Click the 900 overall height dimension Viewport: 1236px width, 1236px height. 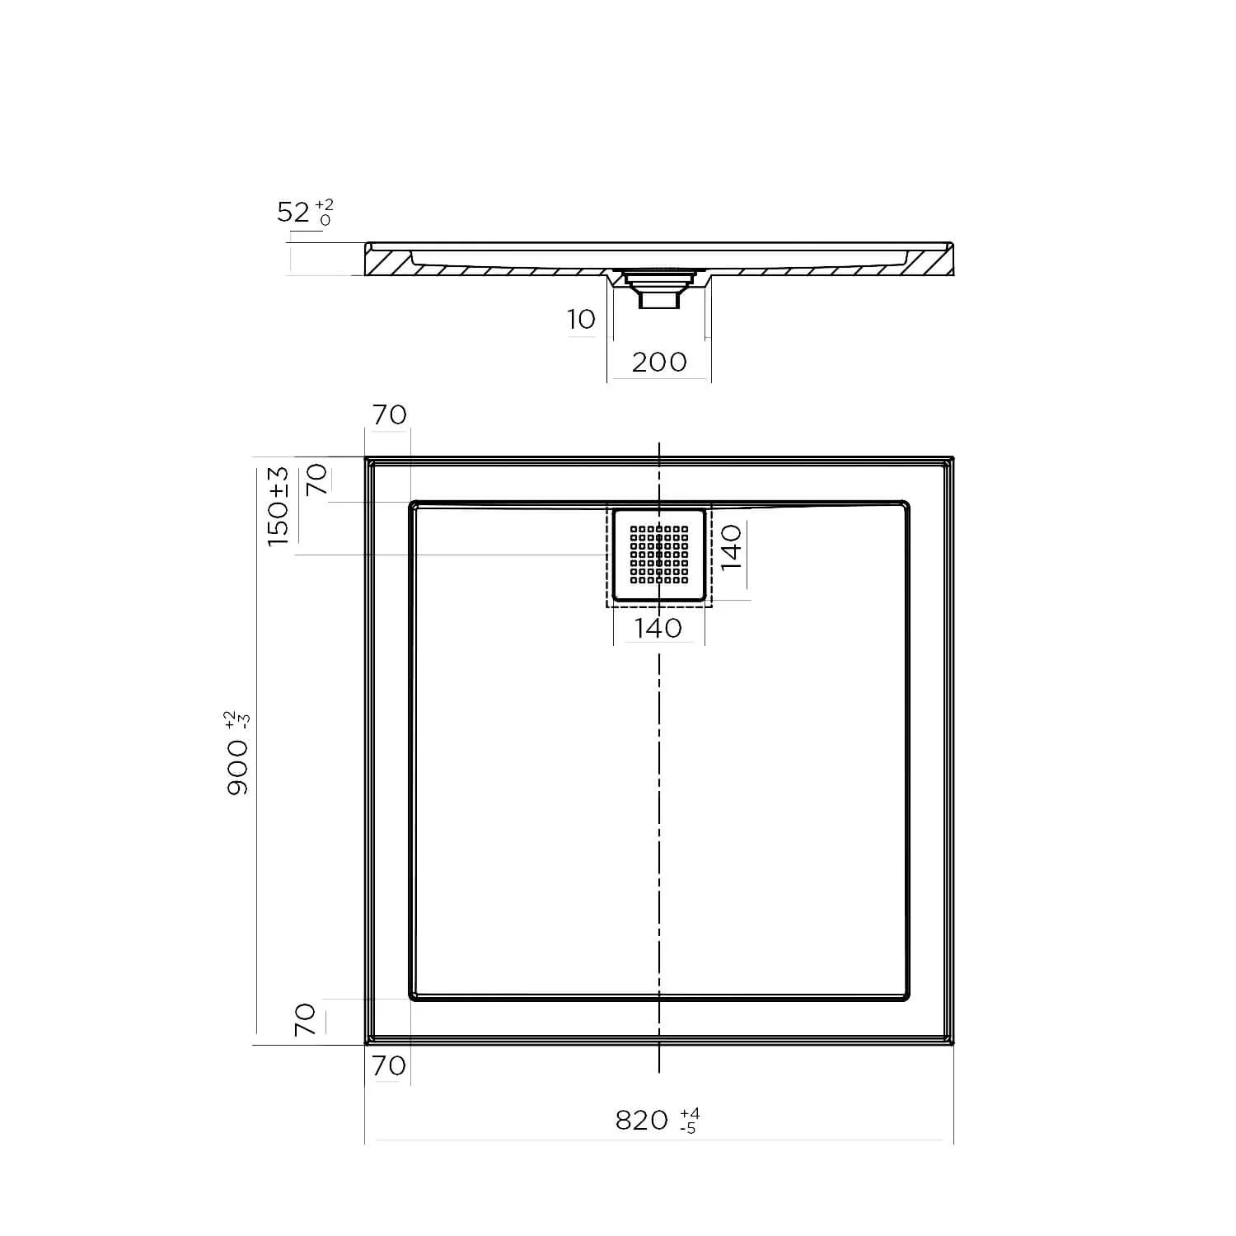(x=237, y=766)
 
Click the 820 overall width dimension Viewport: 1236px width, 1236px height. (x=642, y=1120)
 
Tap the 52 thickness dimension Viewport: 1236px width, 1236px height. (x=293, y=213)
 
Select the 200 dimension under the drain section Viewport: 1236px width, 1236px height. (x=659, y=362)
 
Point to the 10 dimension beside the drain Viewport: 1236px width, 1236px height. (x=581, y=320)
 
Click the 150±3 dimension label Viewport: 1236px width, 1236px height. (x=279, y=505)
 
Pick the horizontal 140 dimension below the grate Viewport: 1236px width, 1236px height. (x=659, y=629)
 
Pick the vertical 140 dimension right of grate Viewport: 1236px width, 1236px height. (x=732, y=547)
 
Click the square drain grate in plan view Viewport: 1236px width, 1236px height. (x=659, y=554)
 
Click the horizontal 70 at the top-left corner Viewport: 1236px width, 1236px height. (x=389, y=414)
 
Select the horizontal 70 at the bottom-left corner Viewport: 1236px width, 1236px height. (x=389, y=1065)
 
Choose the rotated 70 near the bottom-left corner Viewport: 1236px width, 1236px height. (x=306, y=1019)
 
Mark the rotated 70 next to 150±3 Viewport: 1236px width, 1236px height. (x=317, y=479)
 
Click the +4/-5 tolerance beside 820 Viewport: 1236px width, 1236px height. (x=690, y=1121)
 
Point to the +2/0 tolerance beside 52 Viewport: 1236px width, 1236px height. (x=325, y=213)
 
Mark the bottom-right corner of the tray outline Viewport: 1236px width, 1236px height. (x=952, y=1043)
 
